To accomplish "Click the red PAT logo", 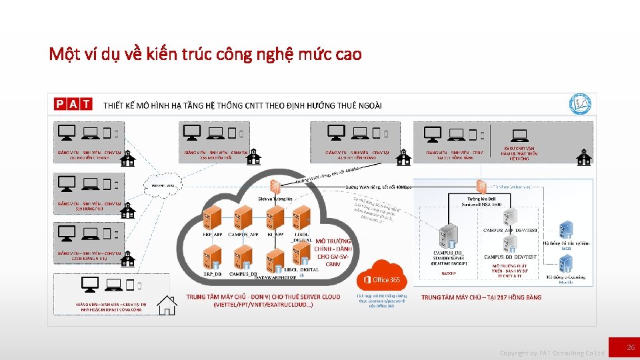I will pos(74,104).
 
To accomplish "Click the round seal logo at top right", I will pos(580,105).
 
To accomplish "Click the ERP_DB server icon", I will pos(212,257).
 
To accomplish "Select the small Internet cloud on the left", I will pos(162,185).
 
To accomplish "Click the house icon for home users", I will pos(167,305).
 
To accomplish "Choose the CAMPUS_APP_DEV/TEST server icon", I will pos(510,217).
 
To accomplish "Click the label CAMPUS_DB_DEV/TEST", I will pos(510,257).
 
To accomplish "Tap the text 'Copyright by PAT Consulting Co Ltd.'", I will pos(552,353).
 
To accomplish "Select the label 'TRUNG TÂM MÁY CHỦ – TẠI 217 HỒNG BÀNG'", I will pos(481,297).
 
